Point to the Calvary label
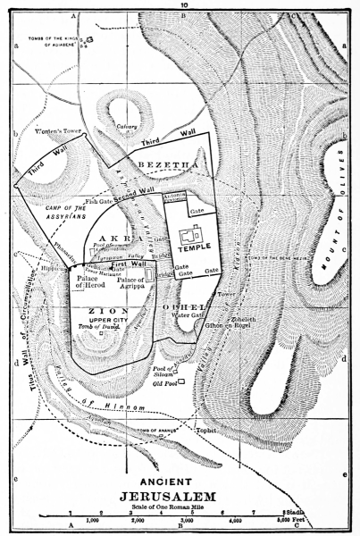pos(126,127)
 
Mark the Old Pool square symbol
pos(181,382)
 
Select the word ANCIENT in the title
pos(180,477)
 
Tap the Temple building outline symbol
pos(190,237)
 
